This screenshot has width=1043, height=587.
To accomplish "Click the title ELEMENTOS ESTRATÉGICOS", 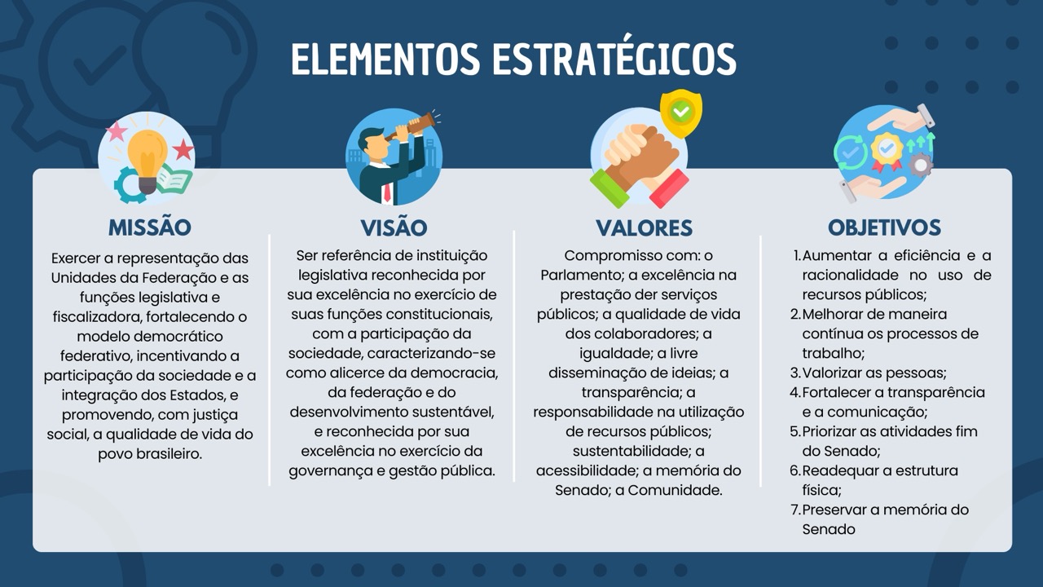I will click(x=513, y=60).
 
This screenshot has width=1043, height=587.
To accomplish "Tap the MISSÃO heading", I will click(x=149, y=227).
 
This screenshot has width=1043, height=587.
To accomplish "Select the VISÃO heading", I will click(x=394, y=227).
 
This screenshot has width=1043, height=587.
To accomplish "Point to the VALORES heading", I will click(x=644, y=227).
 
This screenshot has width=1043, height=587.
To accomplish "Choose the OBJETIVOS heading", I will click(x=884, y=227).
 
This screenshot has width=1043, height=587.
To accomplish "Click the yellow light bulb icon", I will click(x=148, y=155).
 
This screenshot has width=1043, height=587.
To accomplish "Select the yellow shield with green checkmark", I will click(x=681, y=112).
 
